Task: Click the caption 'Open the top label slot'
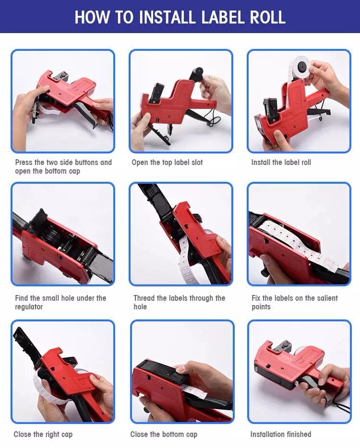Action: coord(167,163)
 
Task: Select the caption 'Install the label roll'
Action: coord(281,163)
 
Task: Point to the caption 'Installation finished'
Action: coord(280,434)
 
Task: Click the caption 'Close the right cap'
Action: coord(43,434)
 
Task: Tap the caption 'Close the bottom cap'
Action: coord(164,434)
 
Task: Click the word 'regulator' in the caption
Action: coord(29,307)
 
